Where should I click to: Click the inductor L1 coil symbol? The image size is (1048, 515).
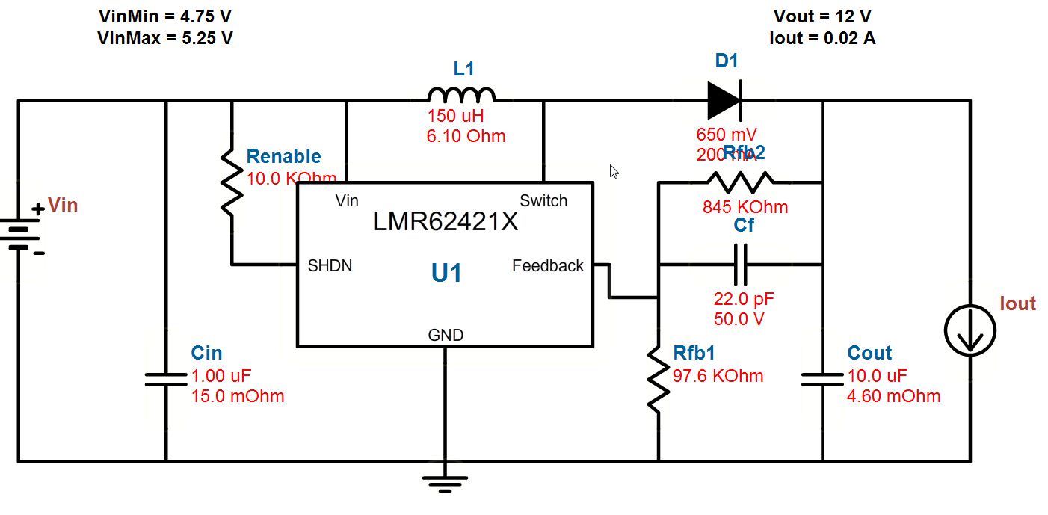tap(461, 95)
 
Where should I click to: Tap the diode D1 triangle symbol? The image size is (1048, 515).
tap(724, 100)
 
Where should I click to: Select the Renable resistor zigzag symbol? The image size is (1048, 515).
tap(232, 181)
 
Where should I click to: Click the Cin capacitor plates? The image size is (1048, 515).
tap(165, 380)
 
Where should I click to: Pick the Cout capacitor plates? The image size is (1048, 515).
tap(822, 380)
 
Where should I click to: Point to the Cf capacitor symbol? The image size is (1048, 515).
tap(740, 265)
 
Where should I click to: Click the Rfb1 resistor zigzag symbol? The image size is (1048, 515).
tap(659, 378)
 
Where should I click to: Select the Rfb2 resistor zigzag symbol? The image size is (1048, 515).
tap(740, 181)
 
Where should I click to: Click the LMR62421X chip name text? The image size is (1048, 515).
tap(446, 222)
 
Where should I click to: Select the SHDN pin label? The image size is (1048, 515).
tap(330, 265)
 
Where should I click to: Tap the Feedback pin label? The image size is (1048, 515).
tap(548, 265)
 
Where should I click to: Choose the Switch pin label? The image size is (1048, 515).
tap(543, 200)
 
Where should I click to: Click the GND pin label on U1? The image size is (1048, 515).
tap(446, 335)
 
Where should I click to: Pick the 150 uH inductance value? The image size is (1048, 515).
tap(456, 117)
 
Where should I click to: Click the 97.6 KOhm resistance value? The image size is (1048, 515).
tap(718, 376)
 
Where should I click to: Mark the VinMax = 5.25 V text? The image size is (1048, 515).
tap(165, 38)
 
